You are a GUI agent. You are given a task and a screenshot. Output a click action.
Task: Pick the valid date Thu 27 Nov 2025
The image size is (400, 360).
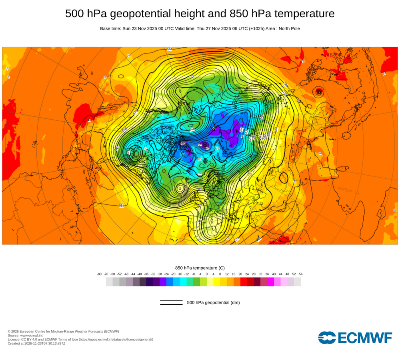[216, 28]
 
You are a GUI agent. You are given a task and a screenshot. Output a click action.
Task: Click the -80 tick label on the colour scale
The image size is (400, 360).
[99, 274]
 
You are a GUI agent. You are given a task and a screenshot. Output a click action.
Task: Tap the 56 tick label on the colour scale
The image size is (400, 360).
[300, 274]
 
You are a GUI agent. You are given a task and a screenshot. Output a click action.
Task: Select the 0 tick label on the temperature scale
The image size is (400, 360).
[207, 274]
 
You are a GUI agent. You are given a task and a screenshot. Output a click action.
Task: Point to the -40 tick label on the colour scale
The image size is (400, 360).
[140, 274]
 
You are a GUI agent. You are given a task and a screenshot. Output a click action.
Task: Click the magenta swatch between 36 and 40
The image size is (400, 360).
[270, 282]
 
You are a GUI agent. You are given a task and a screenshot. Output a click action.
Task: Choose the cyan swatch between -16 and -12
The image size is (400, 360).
[183, 282]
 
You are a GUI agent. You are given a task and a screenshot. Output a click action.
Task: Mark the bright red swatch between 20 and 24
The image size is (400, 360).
[244, 282]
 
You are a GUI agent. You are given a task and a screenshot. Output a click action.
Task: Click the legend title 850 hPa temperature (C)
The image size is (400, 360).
[200, 268]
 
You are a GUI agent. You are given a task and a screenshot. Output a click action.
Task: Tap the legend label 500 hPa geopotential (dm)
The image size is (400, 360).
[213, 302]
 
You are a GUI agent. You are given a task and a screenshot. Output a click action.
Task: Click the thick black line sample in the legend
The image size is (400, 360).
[171, 304]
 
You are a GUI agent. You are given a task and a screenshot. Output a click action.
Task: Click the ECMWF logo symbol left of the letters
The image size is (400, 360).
[327, 338]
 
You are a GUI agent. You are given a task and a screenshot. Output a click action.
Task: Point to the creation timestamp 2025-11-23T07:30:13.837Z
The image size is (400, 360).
[44, 343]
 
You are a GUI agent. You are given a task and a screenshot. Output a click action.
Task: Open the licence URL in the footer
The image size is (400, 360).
[116, 339]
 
